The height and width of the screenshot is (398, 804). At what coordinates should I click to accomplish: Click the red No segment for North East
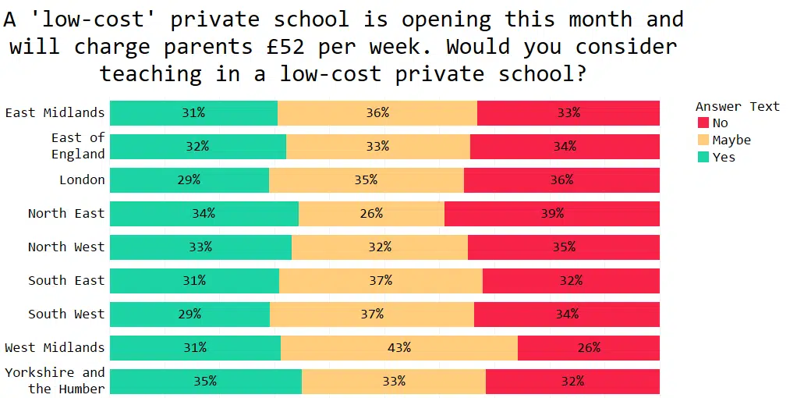[x=551, y=214]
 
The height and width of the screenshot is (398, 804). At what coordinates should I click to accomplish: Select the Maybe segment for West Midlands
[x=398, y=348]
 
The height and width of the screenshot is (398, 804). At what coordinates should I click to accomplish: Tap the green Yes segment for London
[x=189, y=180]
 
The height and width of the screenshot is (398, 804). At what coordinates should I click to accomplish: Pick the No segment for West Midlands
[x=588, y=348]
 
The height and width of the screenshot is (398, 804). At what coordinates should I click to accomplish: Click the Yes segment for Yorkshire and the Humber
[x=205, y=382]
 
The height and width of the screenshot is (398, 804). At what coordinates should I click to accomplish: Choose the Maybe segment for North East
[x=371, y=214]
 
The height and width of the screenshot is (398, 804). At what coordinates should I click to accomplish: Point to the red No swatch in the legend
[x=703, y=123]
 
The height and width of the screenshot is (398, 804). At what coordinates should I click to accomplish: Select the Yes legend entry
[x=716, y=158]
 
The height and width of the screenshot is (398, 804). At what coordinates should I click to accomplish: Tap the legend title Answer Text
[x=737, y=107]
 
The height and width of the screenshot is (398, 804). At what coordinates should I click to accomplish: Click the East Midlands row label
[x=55, y=113]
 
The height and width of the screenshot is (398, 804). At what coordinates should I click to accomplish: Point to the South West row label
[x=66, y=314]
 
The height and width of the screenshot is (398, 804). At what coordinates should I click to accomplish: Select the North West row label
[x=66, y=247]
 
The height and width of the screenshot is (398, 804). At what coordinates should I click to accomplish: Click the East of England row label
[x=78, y=146]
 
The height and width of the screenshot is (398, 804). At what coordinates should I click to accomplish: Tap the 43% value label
[x=398, y=348]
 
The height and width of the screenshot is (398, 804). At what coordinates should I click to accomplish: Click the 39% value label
[x=551, y=214]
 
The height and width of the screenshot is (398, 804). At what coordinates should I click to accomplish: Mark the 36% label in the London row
[x=561, y=180]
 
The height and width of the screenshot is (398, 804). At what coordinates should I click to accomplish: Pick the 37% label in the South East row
[x=381, y=281]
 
